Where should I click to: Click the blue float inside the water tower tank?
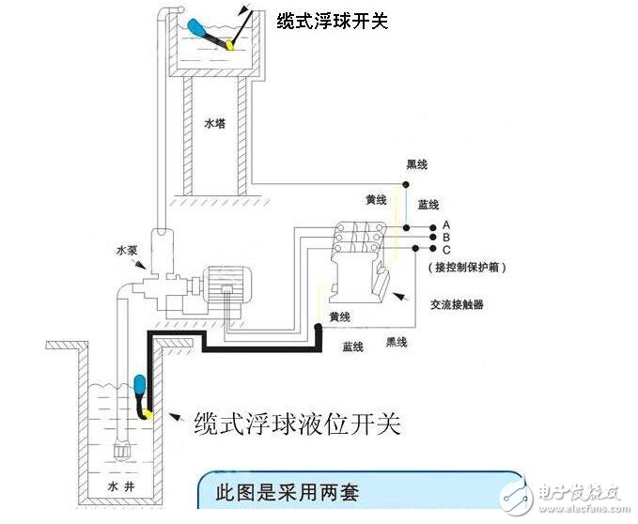coord(205,29)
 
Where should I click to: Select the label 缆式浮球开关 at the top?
coord(331,20)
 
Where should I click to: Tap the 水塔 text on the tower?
coord(215,123)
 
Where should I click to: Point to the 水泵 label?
coord(127,251)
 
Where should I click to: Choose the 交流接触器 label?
coord(458,304)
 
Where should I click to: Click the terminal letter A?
coord(446,225)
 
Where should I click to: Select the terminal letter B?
coord(446,238)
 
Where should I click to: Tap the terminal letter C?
coord(446,250)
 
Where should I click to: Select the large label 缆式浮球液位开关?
coord(296,424)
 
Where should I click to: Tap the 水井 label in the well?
coord(112,486)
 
